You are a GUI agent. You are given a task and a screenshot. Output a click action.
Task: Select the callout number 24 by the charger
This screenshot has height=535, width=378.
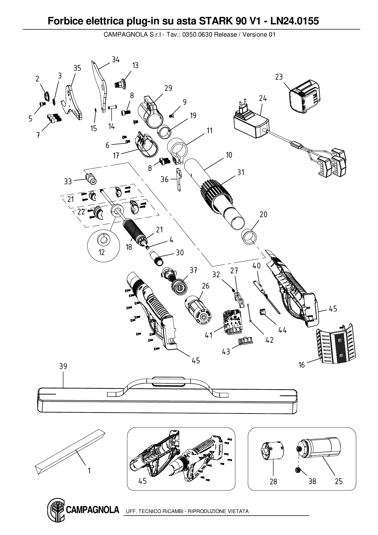(x=263, y=99)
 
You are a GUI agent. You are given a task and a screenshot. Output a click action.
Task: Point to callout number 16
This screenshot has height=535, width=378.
(x=301, y=365)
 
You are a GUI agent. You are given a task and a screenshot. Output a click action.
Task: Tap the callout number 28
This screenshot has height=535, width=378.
(x=273, y=481)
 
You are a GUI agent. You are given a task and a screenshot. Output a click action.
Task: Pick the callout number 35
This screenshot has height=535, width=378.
(x=77, y=68)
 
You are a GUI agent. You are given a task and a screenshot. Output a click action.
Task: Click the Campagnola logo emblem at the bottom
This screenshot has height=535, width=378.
(x=55, y=511)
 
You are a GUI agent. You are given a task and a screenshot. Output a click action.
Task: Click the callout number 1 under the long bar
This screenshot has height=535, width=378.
(x=89, y=471)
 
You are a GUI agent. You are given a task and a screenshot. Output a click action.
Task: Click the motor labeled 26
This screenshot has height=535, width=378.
(x=196, y=309)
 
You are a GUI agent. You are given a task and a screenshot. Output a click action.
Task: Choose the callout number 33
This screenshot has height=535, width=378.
(x=68, y=181)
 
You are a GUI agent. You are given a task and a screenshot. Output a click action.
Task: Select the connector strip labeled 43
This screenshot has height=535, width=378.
(x=245, y=341)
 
